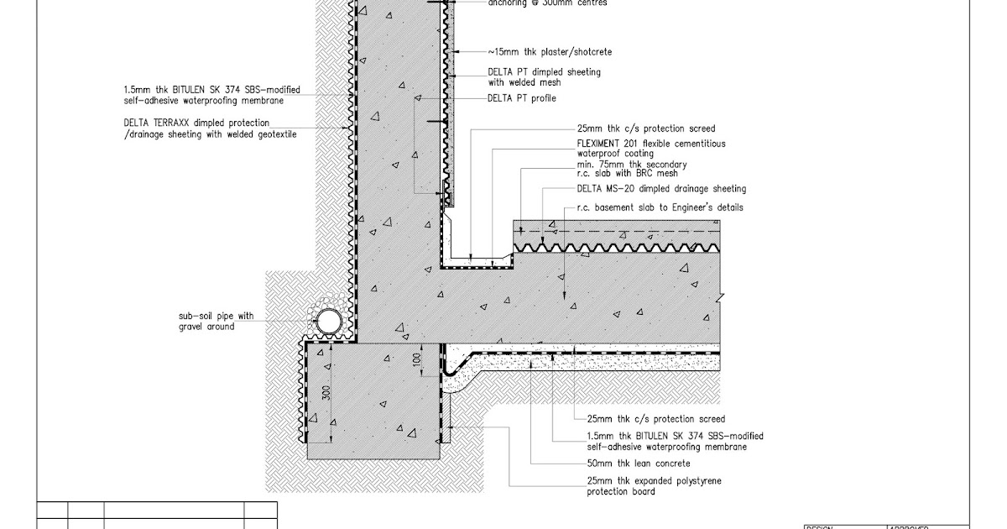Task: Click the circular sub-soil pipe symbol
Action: pos(329,320)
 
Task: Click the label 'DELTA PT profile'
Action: pos(521,98)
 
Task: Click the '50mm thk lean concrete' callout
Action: pos(639,463)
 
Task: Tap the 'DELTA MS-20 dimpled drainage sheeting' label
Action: pos(661,189)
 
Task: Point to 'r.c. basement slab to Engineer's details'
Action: pos(659,207)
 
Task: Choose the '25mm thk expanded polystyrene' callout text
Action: pos(654,481)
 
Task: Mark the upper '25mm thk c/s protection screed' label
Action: pos(645,128)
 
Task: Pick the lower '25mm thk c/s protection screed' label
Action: pos(655,418)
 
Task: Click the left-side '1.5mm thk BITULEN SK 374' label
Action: pos(211,90)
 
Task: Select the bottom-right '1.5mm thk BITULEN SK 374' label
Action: pos(675,437)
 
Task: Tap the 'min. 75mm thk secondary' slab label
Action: pos(632,165)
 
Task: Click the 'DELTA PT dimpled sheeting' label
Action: pos(544,72)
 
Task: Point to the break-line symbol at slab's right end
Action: pos(720,296)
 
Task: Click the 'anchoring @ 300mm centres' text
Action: pos(547,3)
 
